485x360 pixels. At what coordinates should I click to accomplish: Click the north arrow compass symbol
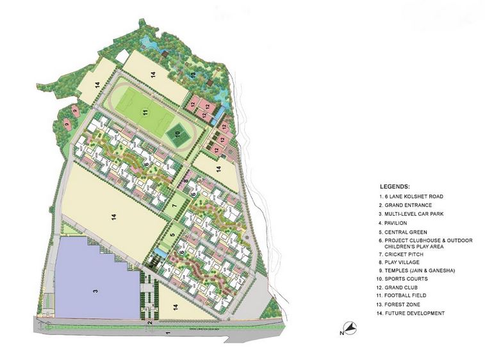[349, 328]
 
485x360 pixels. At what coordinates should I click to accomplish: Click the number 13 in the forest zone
[193, 76]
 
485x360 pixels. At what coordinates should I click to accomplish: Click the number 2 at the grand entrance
[149, 323]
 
